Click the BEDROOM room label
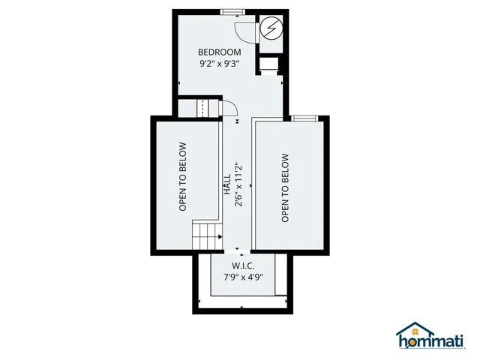pyautogui.click(x=219, y=52)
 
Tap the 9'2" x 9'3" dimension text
pyautogui.click(x=219, y=64)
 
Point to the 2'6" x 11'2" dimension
pyautogui.click(x=238, y=184)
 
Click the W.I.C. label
pyautogui.click(x=243, y=265)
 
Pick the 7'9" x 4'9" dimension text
pyautogui.click(x=243, y=277)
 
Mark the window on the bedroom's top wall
pyautogui.click(x=232, y=12)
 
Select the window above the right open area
pyautogui.click(x=304, y=118)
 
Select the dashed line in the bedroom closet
pyautogui.click(x=202, y=108)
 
